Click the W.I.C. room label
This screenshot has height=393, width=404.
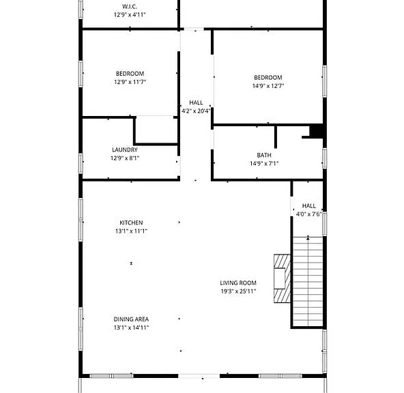point(130,6)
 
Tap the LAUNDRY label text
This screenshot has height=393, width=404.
point(125,149)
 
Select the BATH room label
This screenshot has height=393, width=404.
point(264,155)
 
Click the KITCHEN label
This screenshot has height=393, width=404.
point(131,222)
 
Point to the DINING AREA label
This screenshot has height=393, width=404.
point(131,319)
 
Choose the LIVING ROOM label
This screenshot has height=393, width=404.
point(238,282)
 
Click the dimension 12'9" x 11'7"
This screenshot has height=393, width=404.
point(130,82)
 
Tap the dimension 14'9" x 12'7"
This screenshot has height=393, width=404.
point(268,86)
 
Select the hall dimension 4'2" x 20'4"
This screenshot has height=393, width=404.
point(196,111)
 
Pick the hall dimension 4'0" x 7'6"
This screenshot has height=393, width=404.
point(308,214)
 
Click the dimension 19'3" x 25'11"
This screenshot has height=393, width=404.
point(238,291)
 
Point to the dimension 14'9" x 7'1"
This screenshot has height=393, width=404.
point(264,164)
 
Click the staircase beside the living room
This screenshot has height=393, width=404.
point(308,281)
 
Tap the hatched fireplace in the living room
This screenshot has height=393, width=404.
point(282,278)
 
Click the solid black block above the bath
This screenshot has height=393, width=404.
point(317,131)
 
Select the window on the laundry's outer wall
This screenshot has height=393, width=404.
point(81,163)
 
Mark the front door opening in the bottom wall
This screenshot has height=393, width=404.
point(199,376)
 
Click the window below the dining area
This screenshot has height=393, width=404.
point(111,376)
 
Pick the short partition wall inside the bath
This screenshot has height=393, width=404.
point(276,136)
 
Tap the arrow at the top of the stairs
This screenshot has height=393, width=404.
point(308,237)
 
